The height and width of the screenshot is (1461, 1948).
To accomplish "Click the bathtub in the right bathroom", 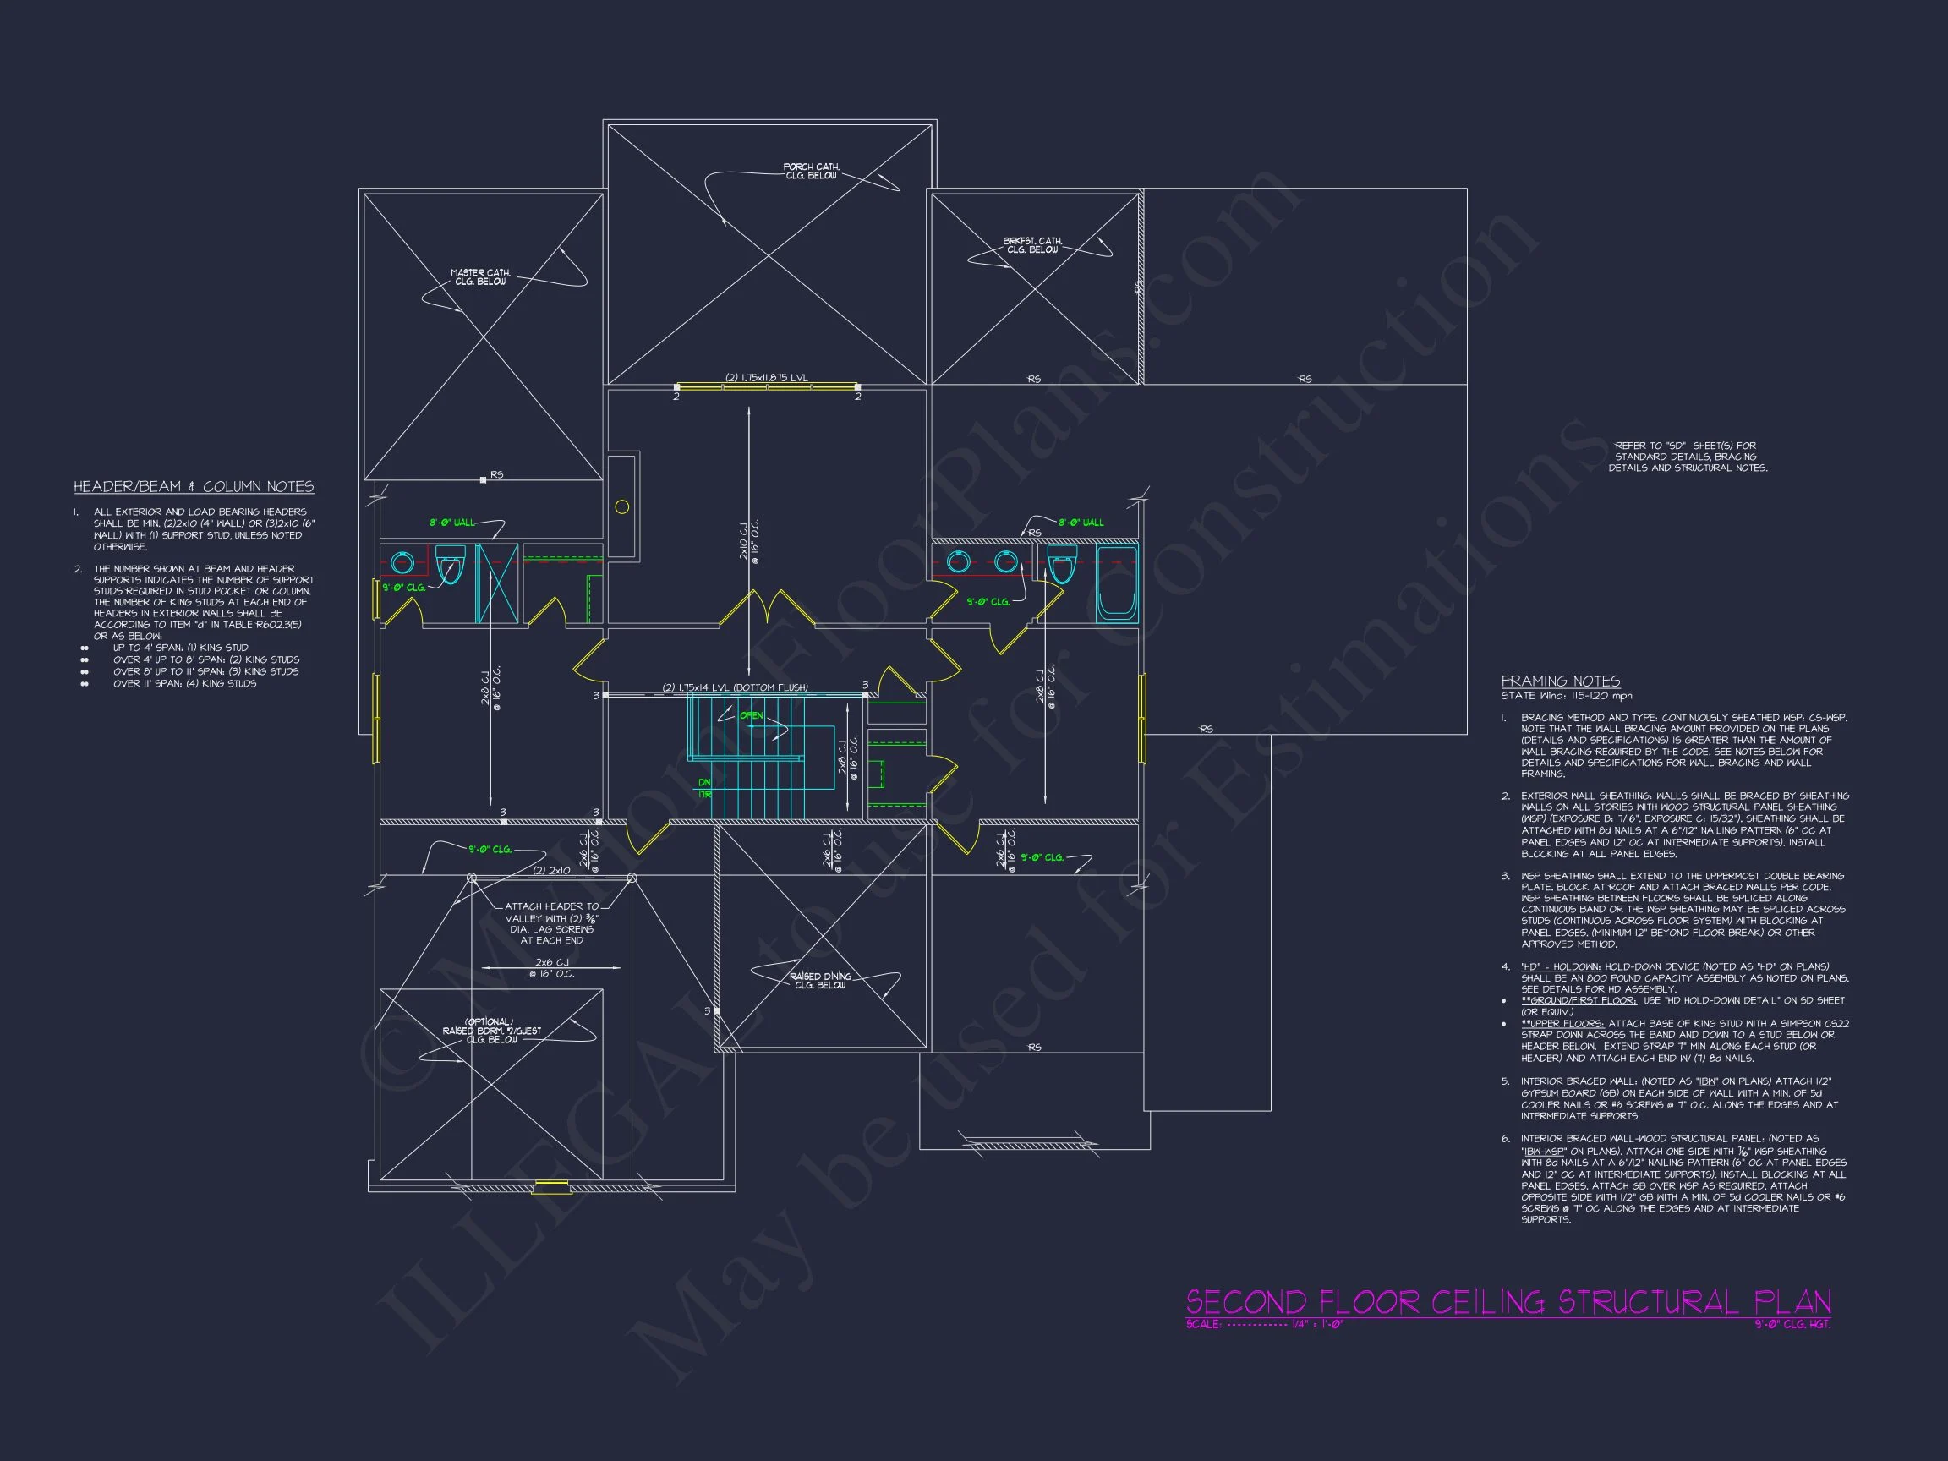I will tap(1117, 585).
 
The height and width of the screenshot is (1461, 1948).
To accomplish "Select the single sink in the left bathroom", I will tap(402, 563).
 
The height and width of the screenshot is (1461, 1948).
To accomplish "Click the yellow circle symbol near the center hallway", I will tap(621, 506).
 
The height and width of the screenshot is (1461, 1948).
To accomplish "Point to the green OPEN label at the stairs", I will tap(751, 715).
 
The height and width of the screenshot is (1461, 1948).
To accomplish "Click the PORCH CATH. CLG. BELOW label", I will tap(811, 171).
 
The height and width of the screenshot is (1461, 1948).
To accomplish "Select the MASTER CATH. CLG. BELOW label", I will tap(480, 277).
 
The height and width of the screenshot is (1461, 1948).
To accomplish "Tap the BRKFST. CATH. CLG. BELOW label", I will tap(1032, 245).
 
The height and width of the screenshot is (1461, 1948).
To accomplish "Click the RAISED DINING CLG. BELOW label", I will tap(820, 981).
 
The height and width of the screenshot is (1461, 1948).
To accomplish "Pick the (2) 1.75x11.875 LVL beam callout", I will tap(766, 378).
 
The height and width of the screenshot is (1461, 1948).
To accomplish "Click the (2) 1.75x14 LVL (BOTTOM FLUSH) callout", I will tap(735, 687).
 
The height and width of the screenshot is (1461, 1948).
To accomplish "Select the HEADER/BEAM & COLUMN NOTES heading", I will tap(194, 487).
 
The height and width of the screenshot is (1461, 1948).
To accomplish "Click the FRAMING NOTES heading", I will tap(1561, 681).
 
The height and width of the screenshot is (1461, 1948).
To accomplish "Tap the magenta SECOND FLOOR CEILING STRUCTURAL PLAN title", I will tap(1508, 1301).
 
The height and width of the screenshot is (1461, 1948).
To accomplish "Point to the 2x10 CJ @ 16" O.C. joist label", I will tap(749, 543).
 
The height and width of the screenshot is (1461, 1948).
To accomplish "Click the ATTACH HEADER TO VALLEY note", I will tap(552, 923).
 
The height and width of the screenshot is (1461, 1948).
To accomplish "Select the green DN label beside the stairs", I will tap(704, 782).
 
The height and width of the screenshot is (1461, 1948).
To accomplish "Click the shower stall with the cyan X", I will tap(496, 584).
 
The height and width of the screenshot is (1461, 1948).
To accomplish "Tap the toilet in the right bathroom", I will tap(1062, 565).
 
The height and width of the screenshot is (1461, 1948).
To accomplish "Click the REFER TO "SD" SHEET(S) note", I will tap(1688, 457).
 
